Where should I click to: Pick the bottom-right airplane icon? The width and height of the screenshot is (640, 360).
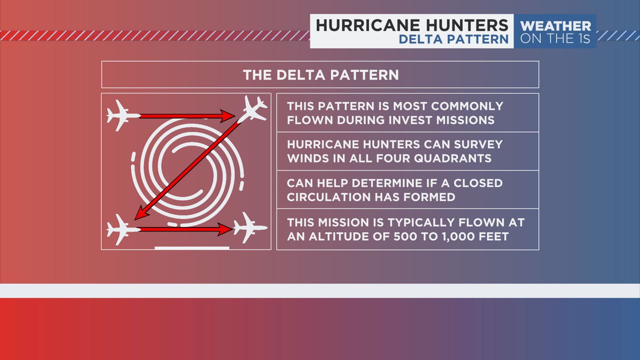coord(249,228)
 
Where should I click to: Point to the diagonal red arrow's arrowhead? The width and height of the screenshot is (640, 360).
coord(139,215)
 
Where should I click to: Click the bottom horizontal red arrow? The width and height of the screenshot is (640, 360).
coord(185,229)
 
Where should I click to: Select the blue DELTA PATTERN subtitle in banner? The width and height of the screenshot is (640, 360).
coord(453,39)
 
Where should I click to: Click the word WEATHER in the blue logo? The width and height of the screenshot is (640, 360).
coord(555,26)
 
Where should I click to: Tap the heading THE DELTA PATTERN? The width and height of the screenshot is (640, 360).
coord(320,75)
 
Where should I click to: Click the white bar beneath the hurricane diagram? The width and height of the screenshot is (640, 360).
coord(192,247)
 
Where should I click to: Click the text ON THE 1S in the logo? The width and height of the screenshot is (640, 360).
coord(555,39)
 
